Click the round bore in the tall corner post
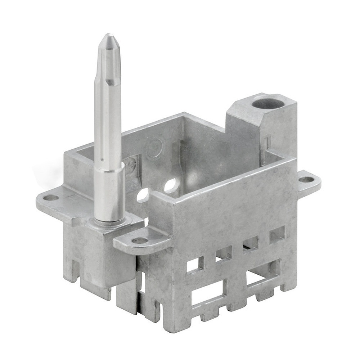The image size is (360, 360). pos(268,103)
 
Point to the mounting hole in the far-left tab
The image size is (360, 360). pos(51,197)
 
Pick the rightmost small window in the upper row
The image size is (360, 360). pos(277,234)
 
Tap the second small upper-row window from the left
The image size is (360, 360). pos(224,253)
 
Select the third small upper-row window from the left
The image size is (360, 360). pos(251,244)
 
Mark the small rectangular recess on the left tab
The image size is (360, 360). pos(72,197)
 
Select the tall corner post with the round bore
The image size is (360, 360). pos(263,126)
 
